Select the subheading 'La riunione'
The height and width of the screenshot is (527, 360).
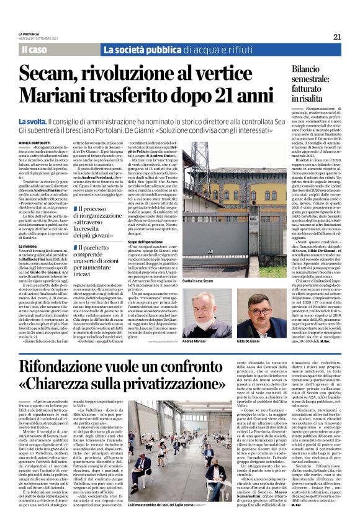28,246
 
